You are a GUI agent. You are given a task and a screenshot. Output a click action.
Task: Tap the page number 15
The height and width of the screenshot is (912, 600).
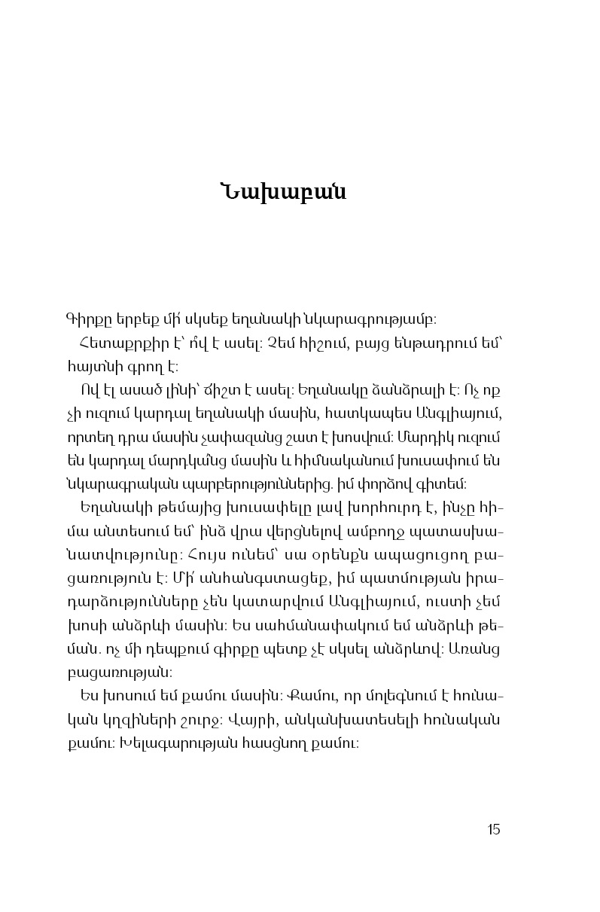coord(494,830)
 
